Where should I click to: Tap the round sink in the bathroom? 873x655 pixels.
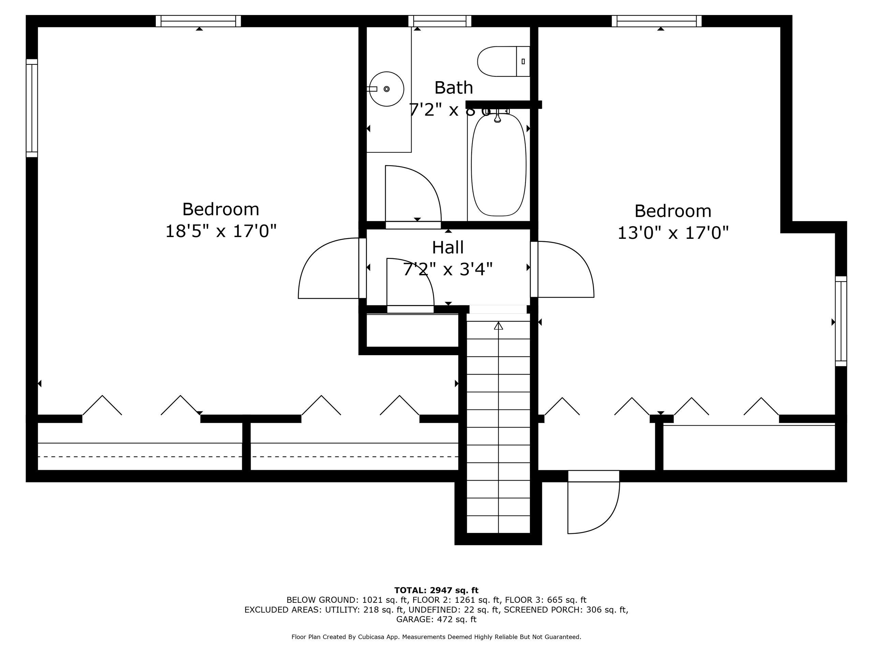pos(386,89)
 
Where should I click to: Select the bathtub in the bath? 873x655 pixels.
pos(499,165)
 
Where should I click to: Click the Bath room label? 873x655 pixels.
pos(454,88)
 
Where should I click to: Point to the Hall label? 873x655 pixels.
pos(447,248)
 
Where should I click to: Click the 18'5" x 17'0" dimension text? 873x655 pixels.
pos(221,231)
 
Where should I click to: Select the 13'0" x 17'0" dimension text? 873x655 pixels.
pos(672,233)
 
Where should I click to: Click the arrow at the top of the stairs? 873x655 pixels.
pos(499,326)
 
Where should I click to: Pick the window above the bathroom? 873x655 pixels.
pos(440,21)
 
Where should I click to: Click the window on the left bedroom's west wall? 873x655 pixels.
pos(32,108)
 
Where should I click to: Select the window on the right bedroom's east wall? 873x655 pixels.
pos(841,321)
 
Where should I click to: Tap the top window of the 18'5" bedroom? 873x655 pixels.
pos(198,21)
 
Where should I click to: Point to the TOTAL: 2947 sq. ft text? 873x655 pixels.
pos(436,590)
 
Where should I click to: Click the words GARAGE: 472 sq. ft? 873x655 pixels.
pos(436,619)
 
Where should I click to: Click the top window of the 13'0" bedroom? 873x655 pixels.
pos(656,21)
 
